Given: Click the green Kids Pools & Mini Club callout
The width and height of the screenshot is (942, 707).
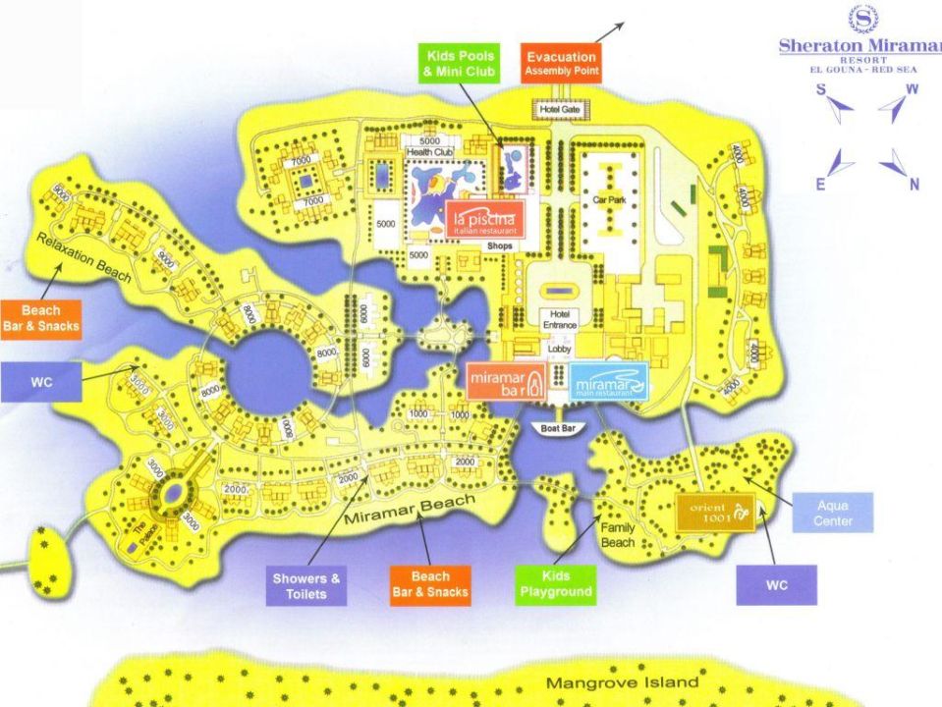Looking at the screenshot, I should point(460,65).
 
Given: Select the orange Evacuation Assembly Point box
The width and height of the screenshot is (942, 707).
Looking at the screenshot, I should point(560,64).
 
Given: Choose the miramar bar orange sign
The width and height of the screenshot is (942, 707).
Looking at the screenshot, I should point(506,381).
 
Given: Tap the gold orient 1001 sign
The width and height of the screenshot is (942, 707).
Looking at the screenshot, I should point(716,512).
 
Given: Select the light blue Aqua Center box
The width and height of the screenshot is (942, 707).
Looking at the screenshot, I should point(832,513).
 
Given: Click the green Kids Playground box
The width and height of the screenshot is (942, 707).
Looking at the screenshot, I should point(555,583).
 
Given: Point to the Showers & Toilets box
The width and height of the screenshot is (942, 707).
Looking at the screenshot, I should point(305,586).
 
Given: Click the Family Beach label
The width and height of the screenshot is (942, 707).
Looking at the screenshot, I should point(617,534).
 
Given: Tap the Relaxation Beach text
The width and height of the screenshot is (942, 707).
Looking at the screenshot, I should point(83,258).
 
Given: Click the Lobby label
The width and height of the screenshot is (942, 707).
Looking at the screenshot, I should point(559,348).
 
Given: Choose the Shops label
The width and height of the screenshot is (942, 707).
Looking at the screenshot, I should point(500,245).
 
